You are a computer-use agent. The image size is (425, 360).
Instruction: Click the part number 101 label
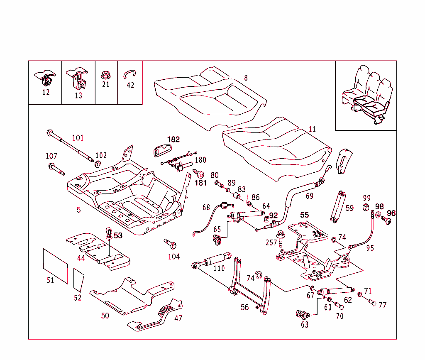tap(78, 137)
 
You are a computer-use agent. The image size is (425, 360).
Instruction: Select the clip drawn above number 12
tap(46, 77)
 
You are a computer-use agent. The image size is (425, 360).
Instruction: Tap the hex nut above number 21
tap(105, 75)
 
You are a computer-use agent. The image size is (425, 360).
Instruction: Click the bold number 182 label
tap(173, 140)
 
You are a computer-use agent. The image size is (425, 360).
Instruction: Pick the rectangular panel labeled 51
tap(55, 266)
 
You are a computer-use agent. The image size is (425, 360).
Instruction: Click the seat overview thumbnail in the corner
tap(366, 95)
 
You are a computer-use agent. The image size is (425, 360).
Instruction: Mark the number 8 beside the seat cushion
tap(246, 78)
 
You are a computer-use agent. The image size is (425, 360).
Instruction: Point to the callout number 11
tap(312, 129)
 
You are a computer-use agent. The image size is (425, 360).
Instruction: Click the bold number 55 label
tap(305, 215)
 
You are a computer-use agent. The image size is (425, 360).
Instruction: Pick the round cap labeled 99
tap(366, 207)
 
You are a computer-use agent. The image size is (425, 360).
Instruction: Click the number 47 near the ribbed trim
tap(178, 318)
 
